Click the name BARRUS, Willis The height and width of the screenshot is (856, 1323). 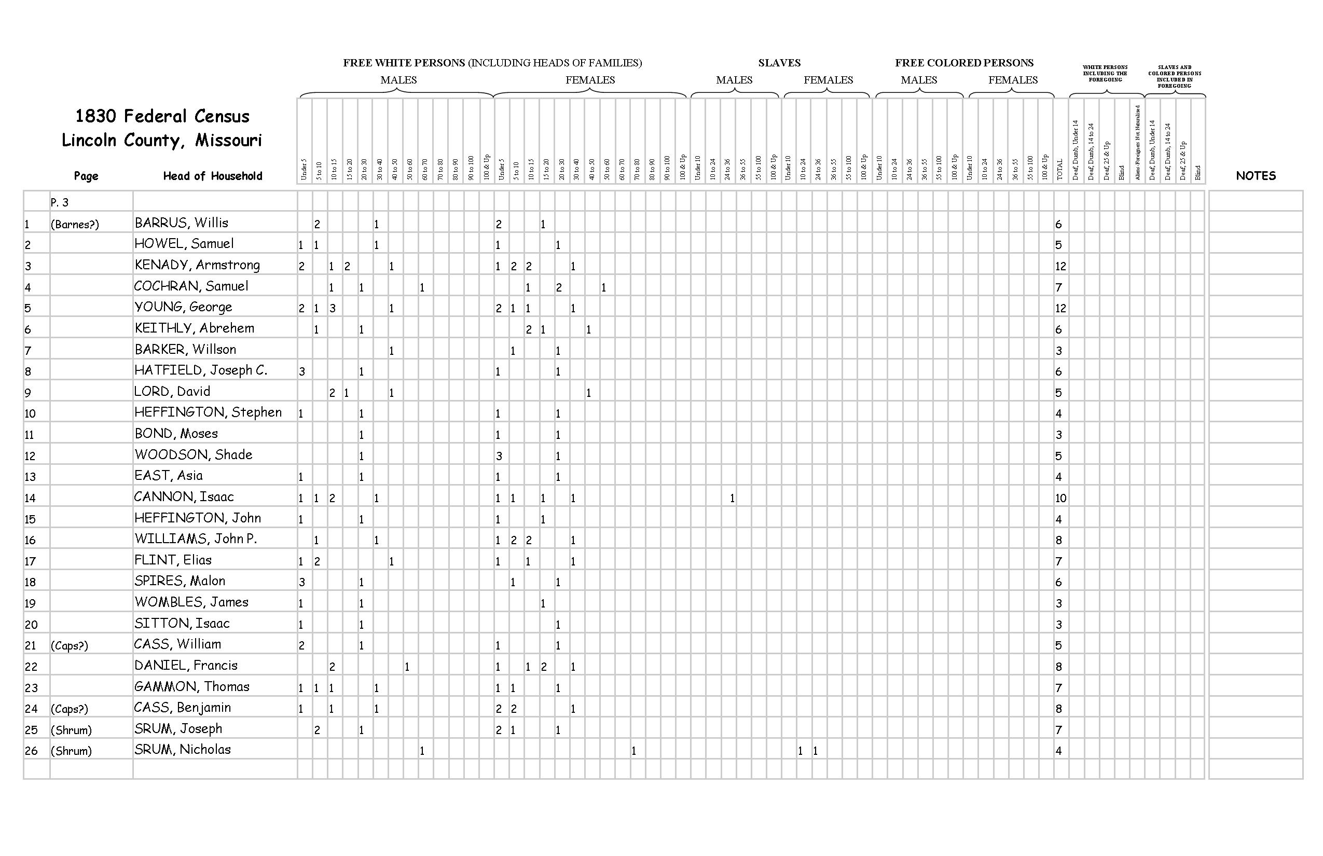pyautogui.click(x=181, y=224)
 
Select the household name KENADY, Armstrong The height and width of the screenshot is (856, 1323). pyautogui.click(x=197, y=265)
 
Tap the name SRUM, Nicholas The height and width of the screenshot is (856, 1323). pyautogui.click(x=182, y=750)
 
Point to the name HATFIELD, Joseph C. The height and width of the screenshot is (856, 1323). pyautogui.click(x=201, y=370)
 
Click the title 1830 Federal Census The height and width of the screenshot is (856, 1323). pyautogui.click(x=162, y=116)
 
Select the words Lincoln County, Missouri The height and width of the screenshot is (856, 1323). pyautogui.click(x=162, y=141)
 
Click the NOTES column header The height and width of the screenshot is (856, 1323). pyautogui.click(x=1255, y=176)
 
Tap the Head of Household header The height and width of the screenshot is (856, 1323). pyautogui.click(x=212, y=176)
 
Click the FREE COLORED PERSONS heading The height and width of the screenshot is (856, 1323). pyautogui.click(x=964, y=63)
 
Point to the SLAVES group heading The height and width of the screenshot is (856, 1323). pyautogui.click(x=779, y=63)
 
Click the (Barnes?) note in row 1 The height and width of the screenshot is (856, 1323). pyautogui.click(x=75, y=225)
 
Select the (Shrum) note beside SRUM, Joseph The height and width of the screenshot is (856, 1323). pyautogui.click(x=71, y=730)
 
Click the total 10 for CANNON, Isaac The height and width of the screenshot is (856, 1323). pyautogui.click(x=1060, y=498)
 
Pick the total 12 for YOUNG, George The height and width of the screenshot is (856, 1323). pyautogui.click(x=1060, y=309)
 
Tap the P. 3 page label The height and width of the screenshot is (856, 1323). pyautogui.click(x=60, y=202)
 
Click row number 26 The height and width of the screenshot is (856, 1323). pyautogui.click(x=31, y=751)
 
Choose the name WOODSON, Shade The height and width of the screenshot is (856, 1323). pyautogui.click(x=193, y=454)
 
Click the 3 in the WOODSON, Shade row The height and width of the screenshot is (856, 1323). pyautogui.click(x=499, y=457)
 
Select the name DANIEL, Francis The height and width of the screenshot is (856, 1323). pyautogui.click(x=186, y=665)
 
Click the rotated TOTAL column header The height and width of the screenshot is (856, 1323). pyautogui.click(x=1059, y=170)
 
